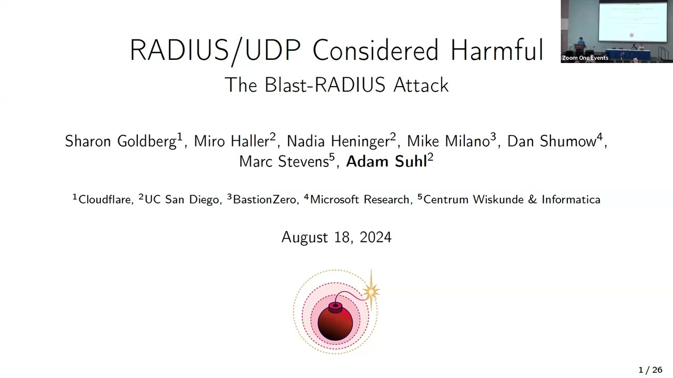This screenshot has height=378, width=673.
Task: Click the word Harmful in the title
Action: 497,50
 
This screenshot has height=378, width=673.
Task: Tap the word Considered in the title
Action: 375,50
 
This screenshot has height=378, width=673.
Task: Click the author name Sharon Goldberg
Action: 120,142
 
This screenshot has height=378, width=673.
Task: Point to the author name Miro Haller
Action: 231,141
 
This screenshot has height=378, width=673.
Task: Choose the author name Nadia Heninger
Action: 338,141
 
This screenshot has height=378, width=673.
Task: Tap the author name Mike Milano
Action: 448,141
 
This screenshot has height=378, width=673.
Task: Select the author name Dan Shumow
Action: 552,141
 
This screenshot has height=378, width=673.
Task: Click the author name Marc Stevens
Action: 284,161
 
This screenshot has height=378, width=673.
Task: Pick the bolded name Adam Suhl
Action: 386,161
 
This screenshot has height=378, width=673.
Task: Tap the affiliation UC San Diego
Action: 182,200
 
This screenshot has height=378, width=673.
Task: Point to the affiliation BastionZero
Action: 264,199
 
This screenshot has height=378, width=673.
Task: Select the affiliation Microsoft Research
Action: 359,199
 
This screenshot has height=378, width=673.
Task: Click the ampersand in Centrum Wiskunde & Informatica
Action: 533,199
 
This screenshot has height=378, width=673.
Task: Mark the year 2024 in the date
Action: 375,237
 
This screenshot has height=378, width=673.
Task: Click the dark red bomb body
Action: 335,324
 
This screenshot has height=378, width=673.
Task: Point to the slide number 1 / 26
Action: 650,370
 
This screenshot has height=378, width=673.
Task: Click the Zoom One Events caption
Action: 585,58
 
